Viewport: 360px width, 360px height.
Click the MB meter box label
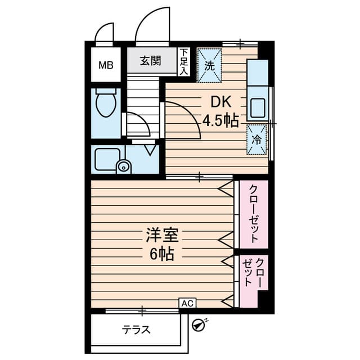(x=106, y=65)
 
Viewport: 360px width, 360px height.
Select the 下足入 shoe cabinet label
(x=184, y=61)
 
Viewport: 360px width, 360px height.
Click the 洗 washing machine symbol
(x=209, y=65)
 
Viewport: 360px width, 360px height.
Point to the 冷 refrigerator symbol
(x=256, y=138)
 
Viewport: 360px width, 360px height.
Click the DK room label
(x=220, y=102)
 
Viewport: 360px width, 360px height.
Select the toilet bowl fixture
(x=106, y=104)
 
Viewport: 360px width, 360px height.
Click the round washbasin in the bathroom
(x=123, y=166)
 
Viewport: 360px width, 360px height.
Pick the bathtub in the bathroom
(x=105, y=159)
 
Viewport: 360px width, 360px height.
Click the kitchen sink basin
(x=259, y=106)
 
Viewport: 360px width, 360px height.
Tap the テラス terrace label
(x=137, y=330)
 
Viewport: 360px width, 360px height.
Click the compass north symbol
(x=197, y=325)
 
